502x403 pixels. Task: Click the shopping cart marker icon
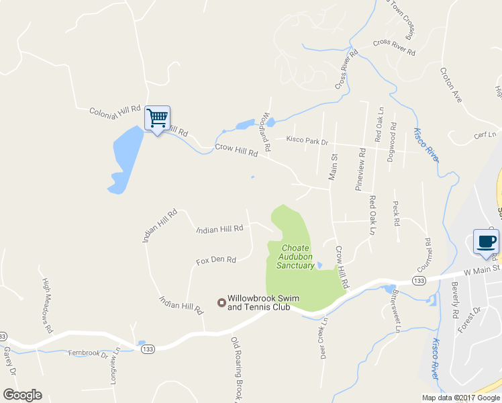click(x=157, y=119)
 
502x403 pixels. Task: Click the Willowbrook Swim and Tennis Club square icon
click(x=220, y=303)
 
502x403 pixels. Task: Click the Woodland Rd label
click(x=266, y=130)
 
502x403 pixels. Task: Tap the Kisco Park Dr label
click(x=307, y=141)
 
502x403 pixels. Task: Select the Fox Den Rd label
click(x=216, y=260)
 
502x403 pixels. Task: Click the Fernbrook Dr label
click(x=87, y=353)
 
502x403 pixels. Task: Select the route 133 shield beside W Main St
click(x=419, y=280)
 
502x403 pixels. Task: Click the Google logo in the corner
click(x=22, y=395)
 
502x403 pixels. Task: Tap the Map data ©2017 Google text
click(x=460, y=398)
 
